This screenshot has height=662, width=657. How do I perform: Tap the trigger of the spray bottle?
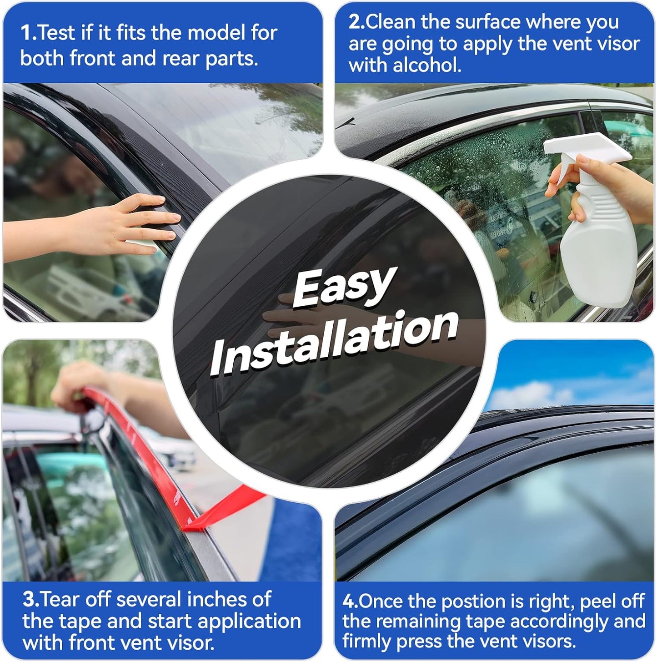pos(560,173)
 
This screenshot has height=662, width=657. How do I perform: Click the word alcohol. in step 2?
pos(427,66)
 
